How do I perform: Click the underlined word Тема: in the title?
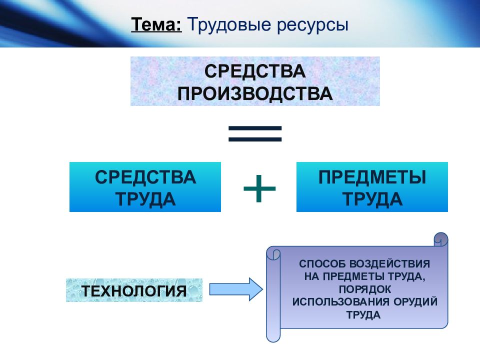[x=156, y=25]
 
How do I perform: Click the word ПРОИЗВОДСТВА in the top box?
[x=255, y=93]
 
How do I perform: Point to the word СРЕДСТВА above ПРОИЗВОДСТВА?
[x=255, y=70]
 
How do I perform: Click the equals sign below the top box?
[x=255, y=133]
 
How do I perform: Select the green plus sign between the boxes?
[x=259, y=188]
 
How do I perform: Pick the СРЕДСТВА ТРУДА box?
[x=145, y=187]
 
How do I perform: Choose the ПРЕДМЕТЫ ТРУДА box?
[x=372, y=187]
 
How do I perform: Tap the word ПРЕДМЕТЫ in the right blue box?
[x=372, y=176]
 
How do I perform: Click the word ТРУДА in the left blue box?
[x=145, y=198]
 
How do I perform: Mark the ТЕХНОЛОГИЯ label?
[x=134, y=290]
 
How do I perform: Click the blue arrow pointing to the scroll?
[x=235, y=289]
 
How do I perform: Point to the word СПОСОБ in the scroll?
[x=319, y=263]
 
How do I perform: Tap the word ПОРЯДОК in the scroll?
[x=365, y=289]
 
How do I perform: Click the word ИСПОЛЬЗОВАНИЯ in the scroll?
[x=336, y=302]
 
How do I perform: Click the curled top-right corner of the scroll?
[x=441, y=239]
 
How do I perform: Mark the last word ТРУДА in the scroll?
[x=363, y=315]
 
